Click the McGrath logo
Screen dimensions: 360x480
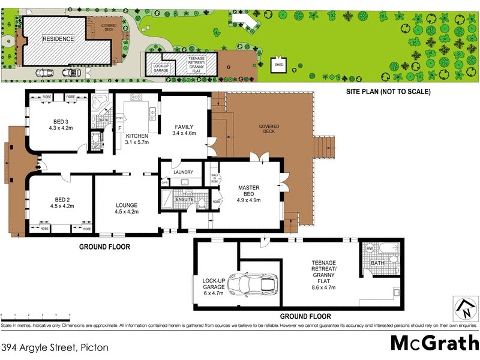point(434,343)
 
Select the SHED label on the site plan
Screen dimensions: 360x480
point(279,64)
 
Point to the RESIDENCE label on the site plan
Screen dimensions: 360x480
point(58,39)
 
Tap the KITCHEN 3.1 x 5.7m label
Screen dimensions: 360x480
point(137,139)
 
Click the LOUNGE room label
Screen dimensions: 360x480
point(127,208)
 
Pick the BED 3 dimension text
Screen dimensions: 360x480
point(61,128)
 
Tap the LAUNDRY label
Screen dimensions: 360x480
point(182,172)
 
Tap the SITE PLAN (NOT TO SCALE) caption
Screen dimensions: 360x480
point(388,92)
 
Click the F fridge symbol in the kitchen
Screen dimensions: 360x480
point(119,128)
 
